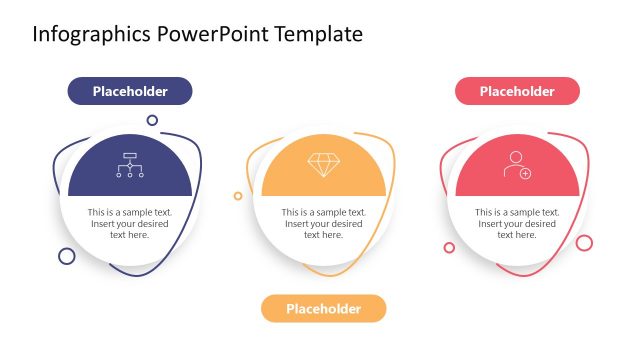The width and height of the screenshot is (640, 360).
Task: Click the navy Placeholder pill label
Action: click(130, 91)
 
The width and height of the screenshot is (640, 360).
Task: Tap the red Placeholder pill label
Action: click(517, 91)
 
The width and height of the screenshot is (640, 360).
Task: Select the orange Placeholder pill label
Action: click(323, 308)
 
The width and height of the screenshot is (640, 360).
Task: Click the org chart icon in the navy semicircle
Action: click(130, 165)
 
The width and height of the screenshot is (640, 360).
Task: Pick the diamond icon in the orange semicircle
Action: click(323, 165)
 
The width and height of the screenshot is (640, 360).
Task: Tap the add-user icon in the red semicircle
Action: click(517, 165)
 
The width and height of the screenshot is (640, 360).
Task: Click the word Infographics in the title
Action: click(92, 34)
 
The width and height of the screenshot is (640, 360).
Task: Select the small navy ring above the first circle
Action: click(152, 120)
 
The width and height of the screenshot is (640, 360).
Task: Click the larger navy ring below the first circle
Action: click(67, 256)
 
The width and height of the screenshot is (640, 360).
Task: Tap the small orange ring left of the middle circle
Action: click(237, 196)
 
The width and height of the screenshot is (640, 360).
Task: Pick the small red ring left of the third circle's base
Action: click(449, 247)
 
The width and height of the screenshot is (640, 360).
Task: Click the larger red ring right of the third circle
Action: click(584, 242)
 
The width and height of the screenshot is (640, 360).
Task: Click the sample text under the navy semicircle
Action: click(130, 223)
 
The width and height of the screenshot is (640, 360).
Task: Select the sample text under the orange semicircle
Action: click(323, 223)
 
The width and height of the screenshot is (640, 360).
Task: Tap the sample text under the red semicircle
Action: click(517, 223)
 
